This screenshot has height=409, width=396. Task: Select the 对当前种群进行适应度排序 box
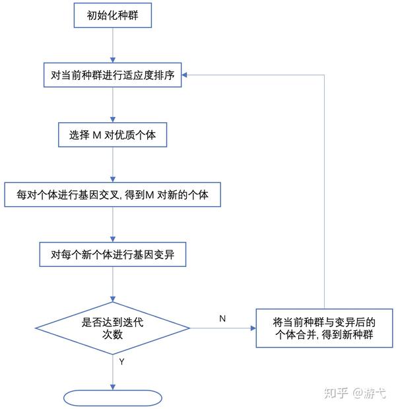[113, 75]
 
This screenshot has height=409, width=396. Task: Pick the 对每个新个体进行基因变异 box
[113, 254]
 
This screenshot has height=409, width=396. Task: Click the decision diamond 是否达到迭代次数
[113, 328]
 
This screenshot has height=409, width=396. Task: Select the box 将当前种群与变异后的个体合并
[324, 328]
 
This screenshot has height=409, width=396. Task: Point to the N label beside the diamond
[222, 318]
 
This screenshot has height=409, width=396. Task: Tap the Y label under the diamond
[122, 362]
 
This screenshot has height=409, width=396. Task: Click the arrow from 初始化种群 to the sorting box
[113, 44]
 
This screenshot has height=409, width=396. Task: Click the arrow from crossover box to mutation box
[113, 225]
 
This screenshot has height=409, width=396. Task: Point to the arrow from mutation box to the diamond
[113, 284]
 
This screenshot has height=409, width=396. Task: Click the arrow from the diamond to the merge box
[223, 328]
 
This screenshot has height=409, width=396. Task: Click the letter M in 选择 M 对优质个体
[96, 135]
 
